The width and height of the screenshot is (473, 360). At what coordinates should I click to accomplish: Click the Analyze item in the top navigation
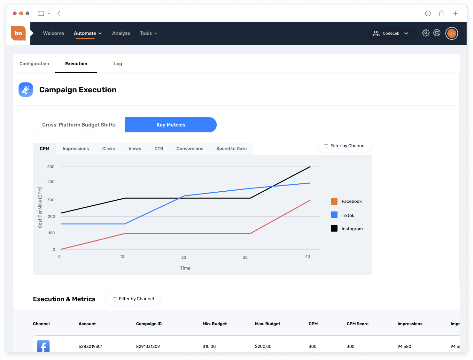tap(121, 33)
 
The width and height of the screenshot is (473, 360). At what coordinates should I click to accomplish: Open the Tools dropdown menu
tap(149, 33)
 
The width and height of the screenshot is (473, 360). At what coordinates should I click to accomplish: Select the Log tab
tap(118, 64)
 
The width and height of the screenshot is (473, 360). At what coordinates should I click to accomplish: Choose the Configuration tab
tap(34, 64)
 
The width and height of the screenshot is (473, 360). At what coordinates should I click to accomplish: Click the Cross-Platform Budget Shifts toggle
tap(79, 125)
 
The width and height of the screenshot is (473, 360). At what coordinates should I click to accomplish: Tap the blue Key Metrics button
tap(171, 125)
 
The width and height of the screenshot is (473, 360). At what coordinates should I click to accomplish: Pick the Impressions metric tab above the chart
tap(76, 149)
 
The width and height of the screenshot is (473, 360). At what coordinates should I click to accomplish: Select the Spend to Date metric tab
tap(231, 149)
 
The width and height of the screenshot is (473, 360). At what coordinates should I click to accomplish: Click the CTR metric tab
tap(159, 149)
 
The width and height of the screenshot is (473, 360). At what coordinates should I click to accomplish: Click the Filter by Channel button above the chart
tap(344, 146)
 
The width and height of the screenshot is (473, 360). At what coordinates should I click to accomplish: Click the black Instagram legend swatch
tap(334, 228)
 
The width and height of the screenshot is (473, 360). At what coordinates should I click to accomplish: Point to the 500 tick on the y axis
tap(51, 167)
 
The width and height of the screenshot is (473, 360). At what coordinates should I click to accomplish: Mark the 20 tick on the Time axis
tap(183, 257)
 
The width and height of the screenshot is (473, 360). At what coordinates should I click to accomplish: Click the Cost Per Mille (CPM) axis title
tap(40, 207)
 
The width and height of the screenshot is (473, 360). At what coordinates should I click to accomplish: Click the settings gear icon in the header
tap(425, 33)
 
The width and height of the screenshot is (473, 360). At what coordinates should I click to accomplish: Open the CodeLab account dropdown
tap(392, 33)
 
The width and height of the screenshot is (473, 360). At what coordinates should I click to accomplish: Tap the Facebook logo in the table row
tap(43, 346)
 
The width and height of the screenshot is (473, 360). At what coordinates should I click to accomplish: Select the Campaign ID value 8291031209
tap(148, 347)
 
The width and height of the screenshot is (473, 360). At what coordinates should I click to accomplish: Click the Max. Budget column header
tap(268, 324)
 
